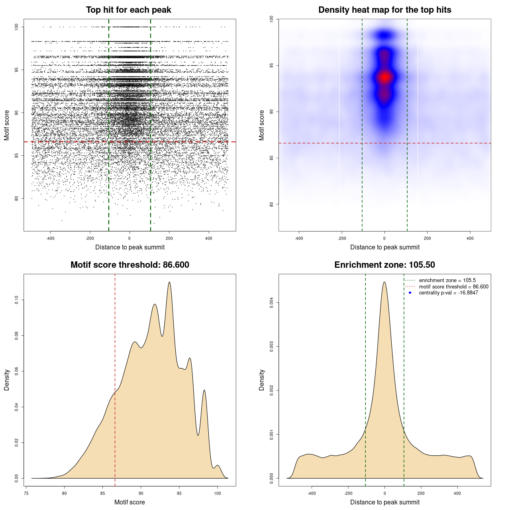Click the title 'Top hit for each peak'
(128, 10)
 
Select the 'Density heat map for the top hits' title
(384, 10)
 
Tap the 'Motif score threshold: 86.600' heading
(129, 265)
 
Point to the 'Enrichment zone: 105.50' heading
(384, 265)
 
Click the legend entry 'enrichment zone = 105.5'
(447, 280)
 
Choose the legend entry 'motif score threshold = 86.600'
(453, 286)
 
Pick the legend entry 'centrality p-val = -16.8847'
(448, 293)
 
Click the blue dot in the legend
(410, 293)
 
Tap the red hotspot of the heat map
(384, 77)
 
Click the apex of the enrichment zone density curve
(384, 282)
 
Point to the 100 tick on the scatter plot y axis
(17, 27)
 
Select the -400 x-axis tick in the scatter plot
(50, 238)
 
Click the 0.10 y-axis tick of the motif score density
(17, 300)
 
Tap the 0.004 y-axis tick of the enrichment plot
(272, 303)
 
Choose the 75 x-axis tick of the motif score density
(26, 493)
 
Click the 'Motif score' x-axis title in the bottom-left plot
(129, 502)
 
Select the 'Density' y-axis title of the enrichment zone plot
(262, 380)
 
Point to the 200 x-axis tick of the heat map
(427, 238)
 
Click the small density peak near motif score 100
(217, 465)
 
